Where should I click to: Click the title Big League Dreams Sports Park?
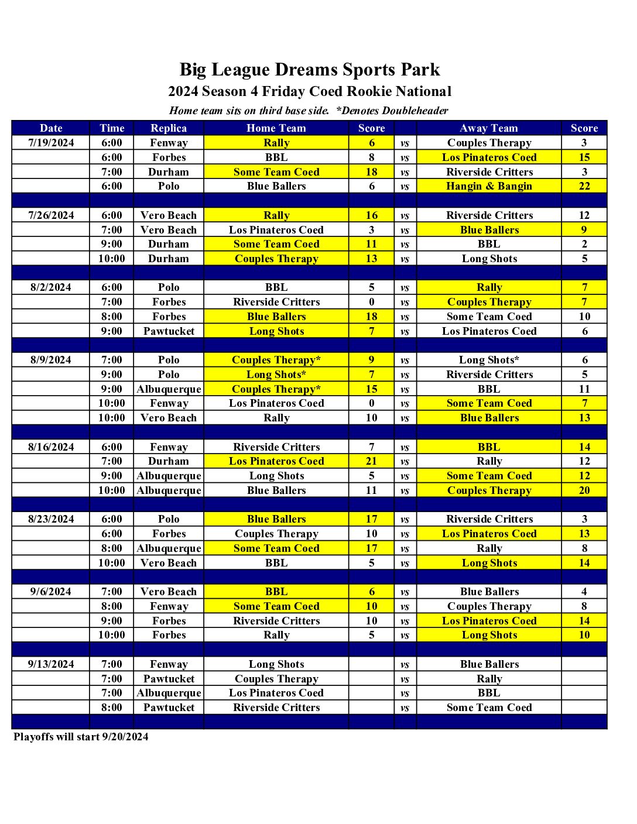point(309,70)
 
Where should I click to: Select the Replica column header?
point(169,128)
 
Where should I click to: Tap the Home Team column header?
point(276,128)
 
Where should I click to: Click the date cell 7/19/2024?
point(51,143)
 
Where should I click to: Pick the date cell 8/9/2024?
point(51,360)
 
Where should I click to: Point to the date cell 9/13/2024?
point(51,664)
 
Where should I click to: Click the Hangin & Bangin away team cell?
point(489,186)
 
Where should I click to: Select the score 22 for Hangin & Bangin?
point(584,186)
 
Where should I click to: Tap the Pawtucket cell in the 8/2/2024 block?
point(169,331)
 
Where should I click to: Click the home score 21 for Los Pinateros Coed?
point(371,461)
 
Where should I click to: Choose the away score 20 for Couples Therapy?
point(584,490)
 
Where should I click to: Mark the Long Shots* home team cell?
point(276,375)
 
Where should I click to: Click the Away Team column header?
point(489,128)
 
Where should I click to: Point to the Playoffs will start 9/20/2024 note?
point(81,737)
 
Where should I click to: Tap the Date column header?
point(51,128)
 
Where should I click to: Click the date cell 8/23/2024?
point(51,519)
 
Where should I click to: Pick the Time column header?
point(112,128)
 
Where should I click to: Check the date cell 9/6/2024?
point(51,592)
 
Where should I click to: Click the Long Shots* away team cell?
point(489,360)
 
